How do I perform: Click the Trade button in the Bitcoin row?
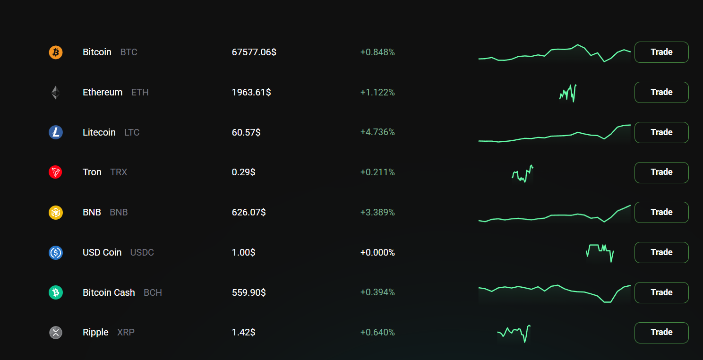[661, 52]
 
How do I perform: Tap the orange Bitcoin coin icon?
[56, 52]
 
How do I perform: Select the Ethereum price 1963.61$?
[251, 92]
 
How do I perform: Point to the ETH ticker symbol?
[140, 92]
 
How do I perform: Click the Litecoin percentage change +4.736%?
[377, 132]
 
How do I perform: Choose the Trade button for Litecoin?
[661, 132]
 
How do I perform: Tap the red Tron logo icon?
[56, 172]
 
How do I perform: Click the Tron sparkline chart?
[523, 174]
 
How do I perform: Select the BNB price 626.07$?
[249, 212]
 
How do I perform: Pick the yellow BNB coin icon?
[56, 212]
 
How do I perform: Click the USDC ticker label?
[142, 252]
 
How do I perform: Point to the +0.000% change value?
[377, 252]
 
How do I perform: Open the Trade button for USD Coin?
[661, 252]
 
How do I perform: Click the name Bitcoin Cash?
[109, 292]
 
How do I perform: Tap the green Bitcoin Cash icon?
[56, 292]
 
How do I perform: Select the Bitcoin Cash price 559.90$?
[249, 292]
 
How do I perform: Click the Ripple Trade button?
[661, 333]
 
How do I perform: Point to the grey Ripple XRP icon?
[56, 333]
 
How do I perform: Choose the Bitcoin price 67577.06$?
[254, 52]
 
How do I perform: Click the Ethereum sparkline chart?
[568, 93]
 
